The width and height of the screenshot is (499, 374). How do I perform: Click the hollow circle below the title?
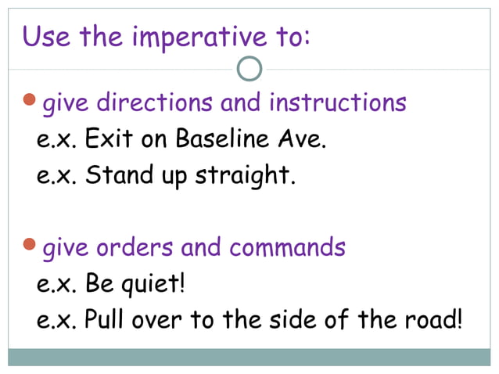point(249,69)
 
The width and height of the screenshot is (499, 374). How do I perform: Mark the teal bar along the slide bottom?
point(249,358)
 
